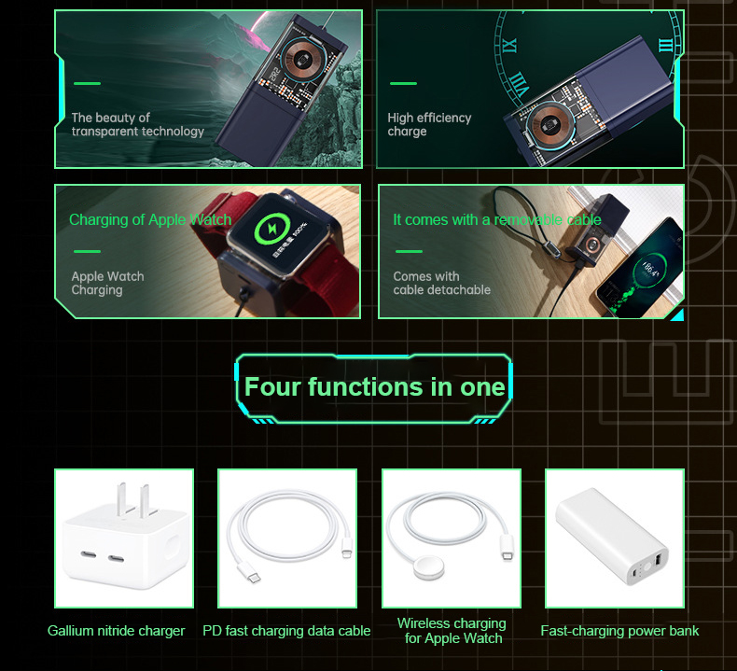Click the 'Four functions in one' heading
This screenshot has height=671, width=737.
[x=374, y=387]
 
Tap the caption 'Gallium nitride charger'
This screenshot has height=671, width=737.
[x=117, y=631]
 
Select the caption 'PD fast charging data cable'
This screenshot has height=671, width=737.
[x=286, y=631]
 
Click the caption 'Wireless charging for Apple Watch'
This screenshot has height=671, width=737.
[x=452, y=631]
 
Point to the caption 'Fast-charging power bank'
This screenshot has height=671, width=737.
[x=619, y=631]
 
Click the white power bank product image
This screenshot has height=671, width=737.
[x=615, y=538]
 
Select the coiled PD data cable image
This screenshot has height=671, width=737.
[x=287, y=538]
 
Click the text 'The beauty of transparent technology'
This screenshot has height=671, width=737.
[x=137, y=125]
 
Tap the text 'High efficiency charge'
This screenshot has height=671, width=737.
[x=429, y=125]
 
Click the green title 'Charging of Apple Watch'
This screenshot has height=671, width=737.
[x=149, y=220]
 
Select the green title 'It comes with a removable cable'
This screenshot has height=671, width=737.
[x=496, y=220]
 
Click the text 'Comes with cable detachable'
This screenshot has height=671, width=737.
[x=441, y=283]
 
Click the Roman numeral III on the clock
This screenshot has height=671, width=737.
[x=664, y=44]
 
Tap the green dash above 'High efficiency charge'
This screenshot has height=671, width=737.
[x=403, y=84]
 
